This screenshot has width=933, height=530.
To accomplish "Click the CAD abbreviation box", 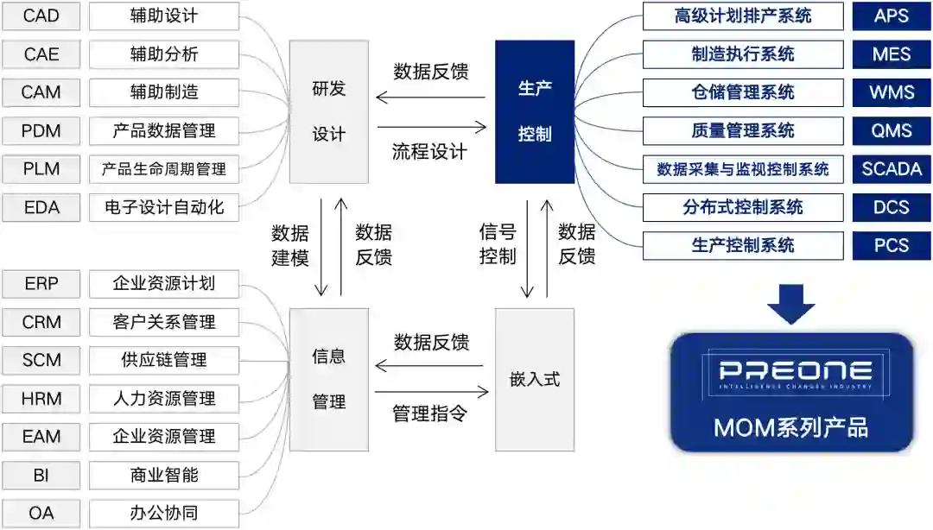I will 41,16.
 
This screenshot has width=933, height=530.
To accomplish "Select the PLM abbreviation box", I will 41,169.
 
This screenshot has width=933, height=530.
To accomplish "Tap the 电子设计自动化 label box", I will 164,207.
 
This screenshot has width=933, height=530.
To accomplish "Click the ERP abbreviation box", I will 41,284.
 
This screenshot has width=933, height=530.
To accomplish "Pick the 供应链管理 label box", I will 164,360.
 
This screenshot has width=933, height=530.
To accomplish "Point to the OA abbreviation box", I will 41,513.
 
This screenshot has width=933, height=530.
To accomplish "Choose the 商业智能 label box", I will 164,475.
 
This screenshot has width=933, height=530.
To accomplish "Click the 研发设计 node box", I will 328,112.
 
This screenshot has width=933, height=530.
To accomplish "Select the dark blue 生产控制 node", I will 535,112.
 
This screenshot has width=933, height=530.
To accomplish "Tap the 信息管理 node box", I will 328,379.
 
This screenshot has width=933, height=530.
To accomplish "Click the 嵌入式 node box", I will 535,379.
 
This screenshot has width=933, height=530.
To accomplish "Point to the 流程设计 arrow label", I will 430,152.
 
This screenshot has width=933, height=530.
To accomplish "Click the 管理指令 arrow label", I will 430,413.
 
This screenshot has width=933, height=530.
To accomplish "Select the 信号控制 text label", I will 498,243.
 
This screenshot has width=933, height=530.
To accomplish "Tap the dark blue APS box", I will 892,16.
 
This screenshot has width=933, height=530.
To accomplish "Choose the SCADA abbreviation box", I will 892,169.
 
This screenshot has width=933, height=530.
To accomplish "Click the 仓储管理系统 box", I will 743,92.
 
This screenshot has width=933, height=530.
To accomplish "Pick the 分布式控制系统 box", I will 743,207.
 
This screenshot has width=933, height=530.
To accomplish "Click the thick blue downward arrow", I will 791,302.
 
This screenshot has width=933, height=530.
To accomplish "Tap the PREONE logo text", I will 791,372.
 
